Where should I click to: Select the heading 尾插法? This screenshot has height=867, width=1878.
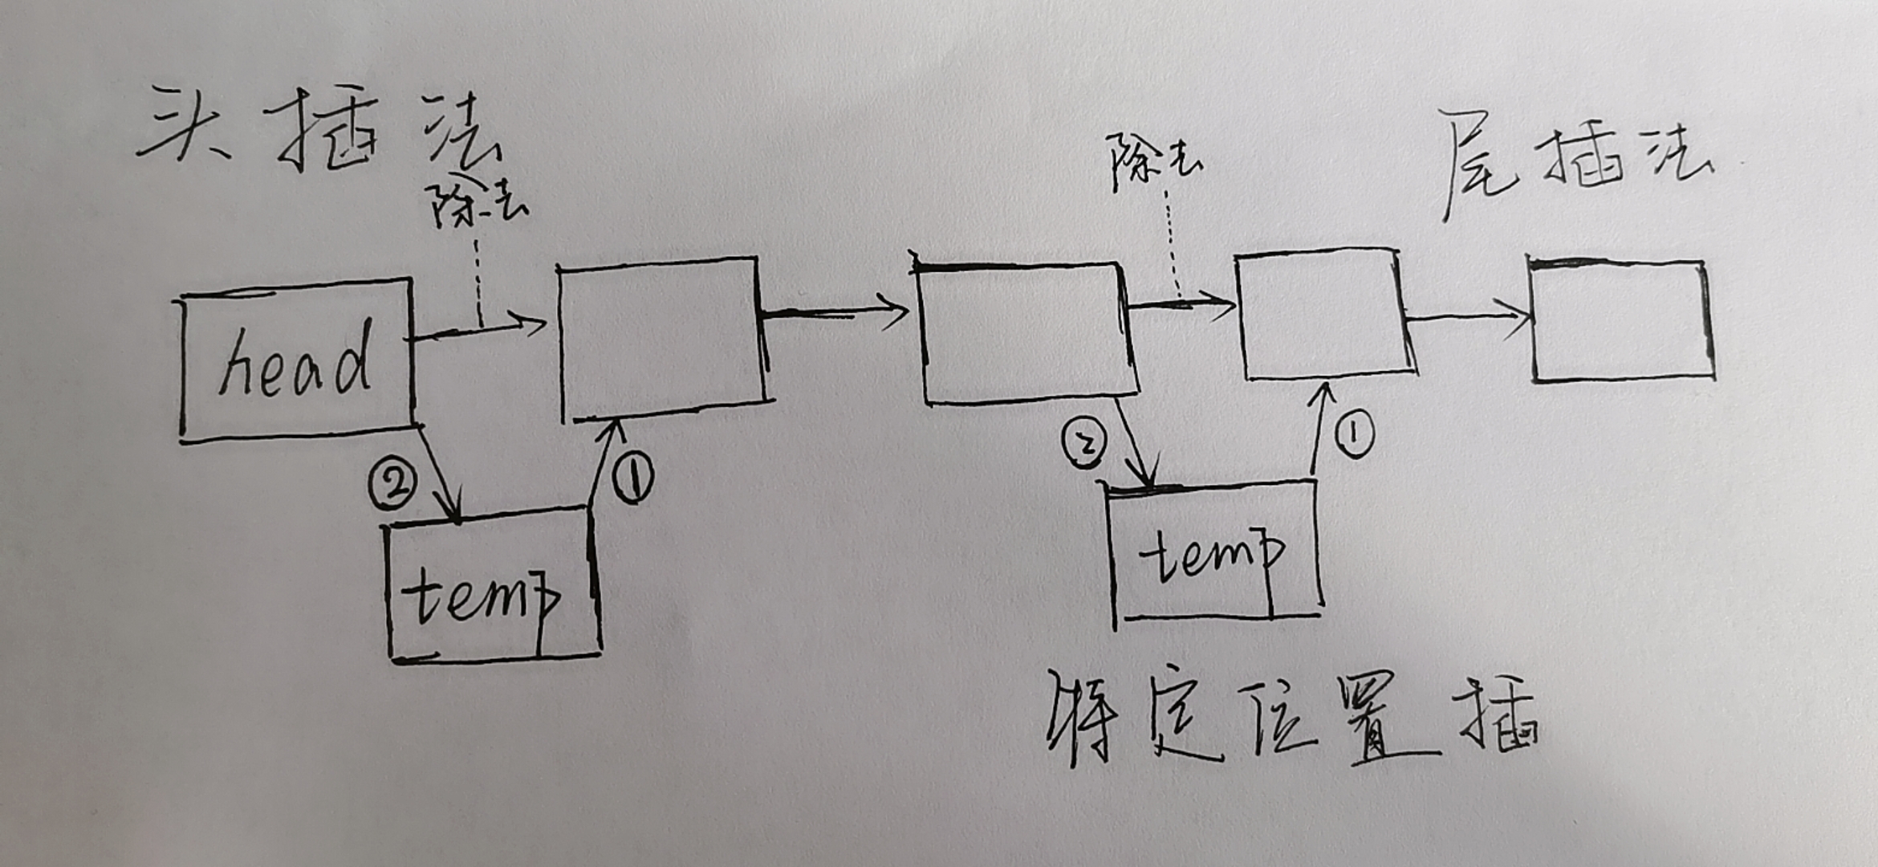tap(1573, 161)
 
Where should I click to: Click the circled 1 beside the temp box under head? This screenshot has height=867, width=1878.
tap(633, 477)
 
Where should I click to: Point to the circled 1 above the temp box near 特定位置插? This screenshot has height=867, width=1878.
tap(1355, 434)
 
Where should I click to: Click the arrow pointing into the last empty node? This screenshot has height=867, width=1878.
tap(1469, 316)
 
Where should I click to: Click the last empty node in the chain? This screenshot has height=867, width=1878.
tap(1621, 321)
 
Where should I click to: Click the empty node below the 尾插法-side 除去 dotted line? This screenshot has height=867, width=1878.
tap(1324, 315)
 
